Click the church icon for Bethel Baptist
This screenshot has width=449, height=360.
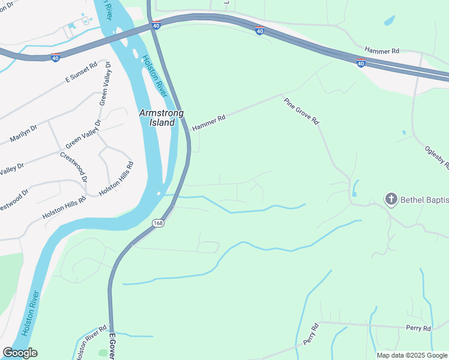tap(391, 199)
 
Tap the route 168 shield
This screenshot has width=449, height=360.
tap(158, 223)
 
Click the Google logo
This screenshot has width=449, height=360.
tap(20, 353)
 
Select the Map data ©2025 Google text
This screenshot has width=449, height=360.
tap(412, 355)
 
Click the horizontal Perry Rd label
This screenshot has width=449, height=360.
tap(418, 328)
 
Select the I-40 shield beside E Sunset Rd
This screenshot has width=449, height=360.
tap(55, 58)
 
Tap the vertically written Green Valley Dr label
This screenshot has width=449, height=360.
tap(105, 83)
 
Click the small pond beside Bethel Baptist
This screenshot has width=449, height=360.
tap(355, 188)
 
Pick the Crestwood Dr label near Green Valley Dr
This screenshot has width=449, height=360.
tap(74, 167)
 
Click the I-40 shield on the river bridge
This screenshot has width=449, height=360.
tap(156, 26)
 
